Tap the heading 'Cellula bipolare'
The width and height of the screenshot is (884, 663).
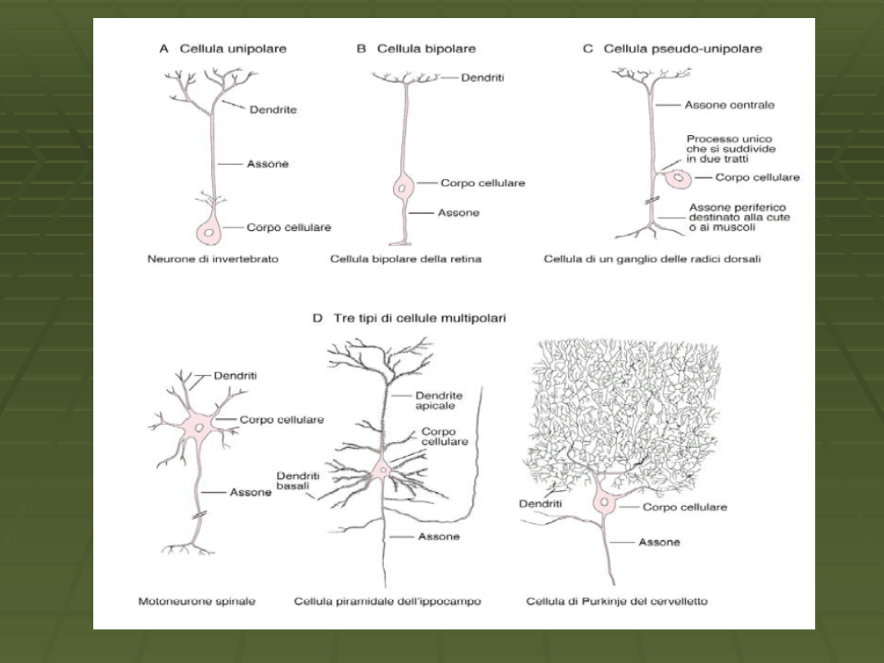pyautogui.click(x=426, y=49)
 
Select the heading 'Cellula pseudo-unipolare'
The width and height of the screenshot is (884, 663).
pyautogui.click(x=682, y=49)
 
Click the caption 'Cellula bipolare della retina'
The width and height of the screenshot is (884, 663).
pyautogui.click(x=405, y=259)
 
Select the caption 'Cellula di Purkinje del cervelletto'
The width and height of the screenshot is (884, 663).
pyautogui.click(x=616, y=602)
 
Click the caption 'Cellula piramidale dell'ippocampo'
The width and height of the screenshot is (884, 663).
pyautogui.click(x=387, y=602)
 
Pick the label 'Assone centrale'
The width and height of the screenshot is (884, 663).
pyautogui.click(x=729, y=105)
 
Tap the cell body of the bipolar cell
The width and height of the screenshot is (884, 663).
pyautogui.click(x=403, y=187)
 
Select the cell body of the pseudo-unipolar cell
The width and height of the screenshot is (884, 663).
pyautogui.click(x=678, y=178)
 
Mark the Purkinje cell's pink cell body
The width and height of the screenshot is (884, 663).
pyautogui.click(x=605, y=501)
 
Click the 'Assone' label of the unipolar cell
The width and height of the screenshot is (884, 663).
pyautogui.click(x=268, y=164)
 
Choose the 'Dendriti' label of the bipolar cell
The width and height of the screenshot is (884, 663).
pyautogui.click(x=482, y=78)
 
